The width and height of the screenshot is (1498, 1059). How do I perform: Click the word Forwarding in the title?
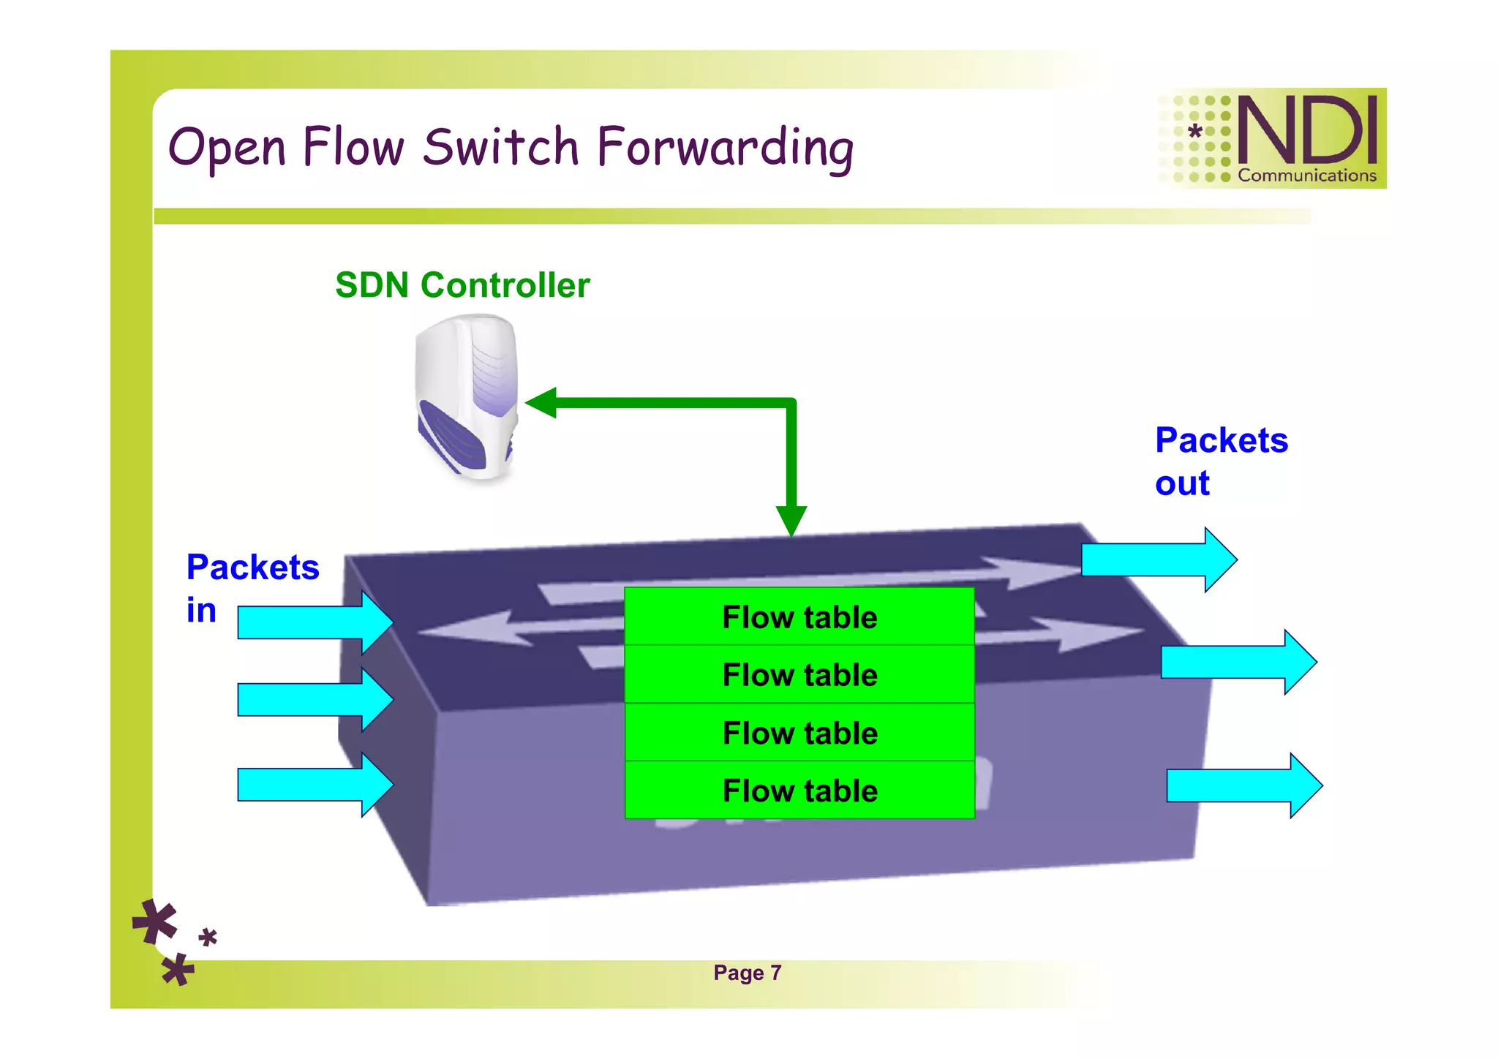[x=724, y=148]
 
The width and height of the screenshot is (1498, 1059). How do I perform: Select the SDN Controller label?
[x=462, y=285]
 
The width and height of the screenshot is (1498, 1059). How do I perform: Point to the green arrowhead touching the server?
[x=541, y=403]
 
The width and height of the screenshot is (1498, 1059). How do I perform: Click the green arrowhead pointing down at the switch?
[x=791, y=521]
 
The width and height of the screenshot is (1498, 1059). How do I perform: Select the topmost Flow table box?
[x=799, y=617]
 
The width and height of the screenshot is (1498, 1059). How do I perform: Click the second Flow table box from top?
[x=799, y=675]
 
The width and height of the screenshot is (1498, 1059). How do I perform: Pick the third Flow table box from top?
[x=799, y=733]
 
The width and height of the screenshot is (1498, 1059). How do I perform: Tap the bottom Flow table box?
[x=799, y=791]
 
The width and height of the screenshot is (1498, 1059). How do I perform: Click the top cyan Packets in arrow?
[x=315, y=622]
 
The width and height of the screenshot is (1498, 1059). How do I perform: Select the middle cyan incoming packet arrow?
[x=315, y=700]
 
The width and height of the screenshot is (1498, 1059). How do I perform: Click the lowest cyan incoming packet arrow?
[x=315, y=785]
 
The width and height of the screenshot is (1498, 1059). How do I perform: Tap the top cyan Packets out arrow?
[x=1159, y=560]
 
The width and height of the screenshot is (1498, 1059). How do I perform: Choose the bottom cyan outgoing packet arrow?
[x=1243, y=785]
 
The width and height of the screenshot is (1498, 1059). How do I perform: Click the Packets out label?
[x=1220, y=461]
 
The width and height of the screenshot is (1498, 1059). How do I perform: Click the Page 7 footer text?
[x=747, y=973]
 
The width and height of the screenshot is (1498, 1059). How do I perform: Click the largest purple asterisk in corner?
[x=155, y=922]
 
